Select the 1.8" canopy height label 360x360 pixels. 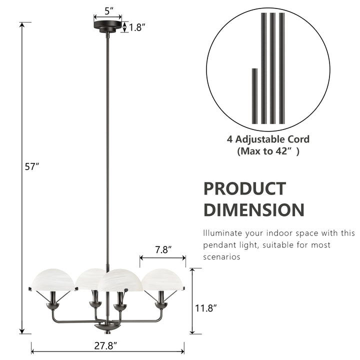pos(136,27)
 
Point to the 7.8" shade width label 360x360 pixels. pos(163,248)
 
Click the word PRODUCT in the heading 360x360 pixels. pos(244,189)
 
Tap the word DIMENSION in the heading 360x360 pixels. pos(253,209)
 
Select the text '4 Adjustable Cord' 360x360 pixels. pos(268,139)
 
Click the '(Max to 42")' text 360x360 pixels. pos(268,151)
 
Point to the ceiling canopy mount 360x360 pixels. pos(107,25)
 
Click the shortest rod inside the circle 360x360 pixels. pos(254,96)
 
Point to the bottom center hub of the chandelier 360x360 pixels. pos(107,326)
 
